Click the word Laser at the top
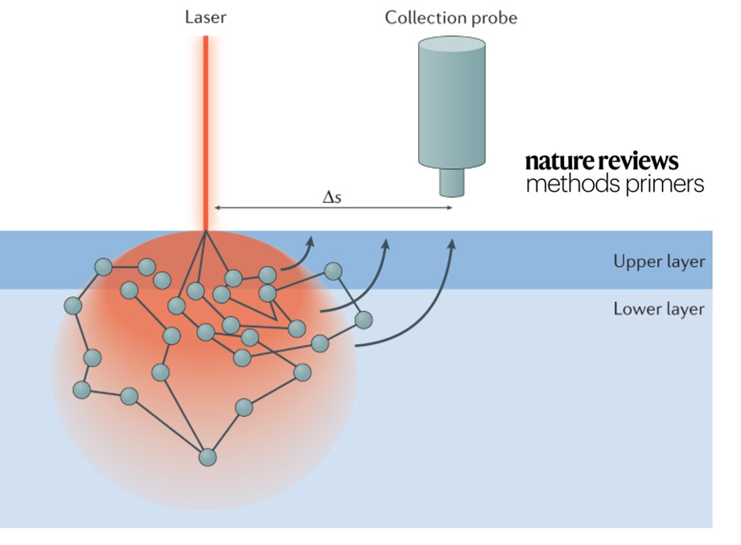point(205,17)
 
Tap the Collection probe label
point(451,17)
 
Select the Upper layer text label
point(658,262)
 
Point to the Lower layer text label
point(658,309)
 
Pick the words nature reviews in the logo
point(602,162)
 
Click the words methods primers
point(615,184)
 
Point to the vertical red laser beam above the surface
point(206,133)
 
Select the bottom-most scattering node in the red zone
point(208,458)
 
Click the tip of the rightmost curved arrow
point(452,242)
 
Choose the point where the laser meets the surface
point(206,232)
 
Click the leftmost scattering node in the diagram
point(73,306)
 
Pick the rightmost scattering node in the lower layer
point(363,320)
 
